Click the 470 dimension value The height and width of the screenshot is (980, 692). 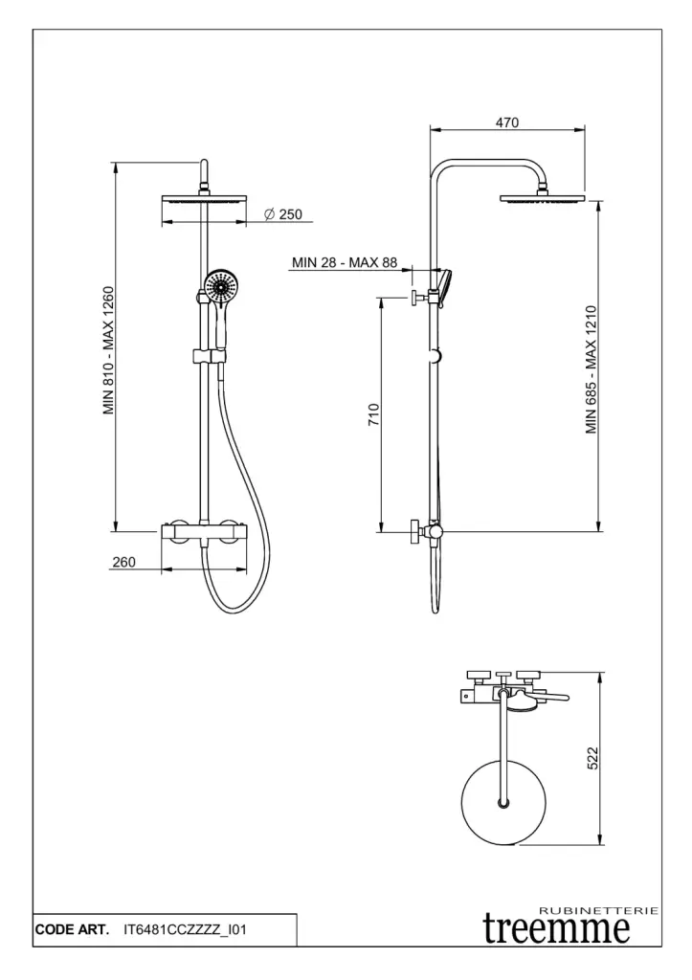(507, 122)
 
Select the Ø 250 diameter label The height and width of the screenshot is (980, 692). (284, 214)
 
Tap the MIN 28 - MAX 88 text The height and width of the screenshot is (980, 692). (345, 262)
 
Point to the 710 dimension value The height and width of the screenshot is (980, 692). (374, 415)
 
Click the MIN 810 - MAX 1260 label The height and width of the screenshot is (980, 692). (109, 350)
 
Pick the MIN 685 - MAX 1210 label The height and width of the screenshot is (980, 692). (592, 369)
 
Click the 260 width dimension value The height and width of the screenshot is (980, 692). (123, 562)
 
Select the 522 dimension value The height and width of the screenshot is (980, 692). (593, 758)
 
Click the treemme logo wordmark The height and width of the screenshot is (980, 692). (556, 928)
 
